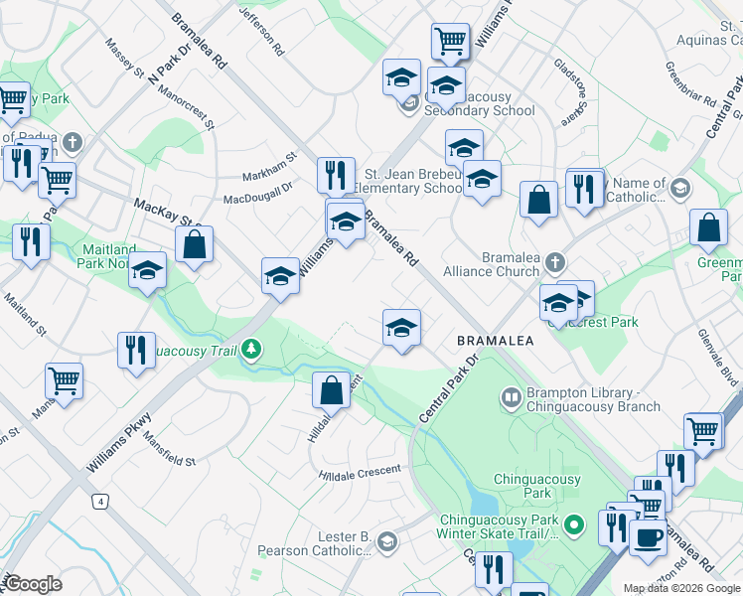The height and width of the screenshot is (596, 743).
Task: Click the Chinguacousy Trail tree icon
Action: tap(253, 349)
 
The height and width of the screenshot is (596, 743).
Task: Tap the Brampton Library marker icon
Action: tap(512, 398)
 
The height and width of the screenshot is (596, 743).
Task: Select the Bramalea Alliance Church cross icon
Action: tap(554, 263)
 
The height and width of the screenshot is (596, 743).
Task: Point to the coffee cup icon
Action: tap(648, 537)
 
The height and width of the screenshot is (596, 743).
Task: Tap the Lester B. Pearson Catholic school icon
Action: tap(386, 542)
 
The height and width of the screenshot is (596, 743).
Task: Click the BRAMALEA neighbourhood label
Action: tap(496, 341)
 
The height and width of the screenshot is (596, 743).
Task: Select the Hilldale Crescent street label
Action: tap(360, 473)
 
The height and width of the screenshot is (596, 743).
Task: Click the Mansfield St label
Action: tap(168, 448)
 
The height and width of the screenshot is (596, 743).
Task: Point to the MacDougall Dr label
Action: tap(258, 187)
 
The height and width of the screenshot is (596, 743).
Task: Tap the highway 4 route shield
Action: tap(100, 501)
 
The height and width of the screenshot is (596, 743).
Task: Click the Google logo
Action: tap(33, 584)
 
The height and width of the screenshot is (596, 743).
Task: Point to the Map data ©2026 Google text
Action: tap(681, 588)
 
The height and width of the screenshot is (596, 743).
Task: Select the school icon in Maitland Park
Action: tap(147, 271)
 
